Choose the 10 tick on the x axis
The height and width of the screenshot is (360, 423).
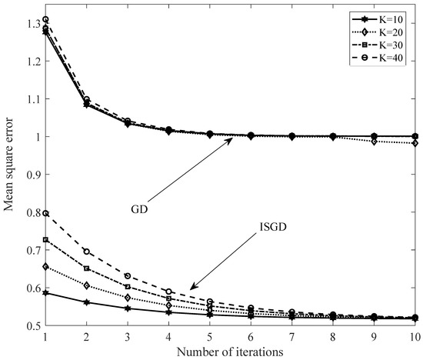point(415,337)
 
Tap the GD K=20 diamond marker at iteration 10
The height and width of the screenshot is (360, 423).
point(415,143)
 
